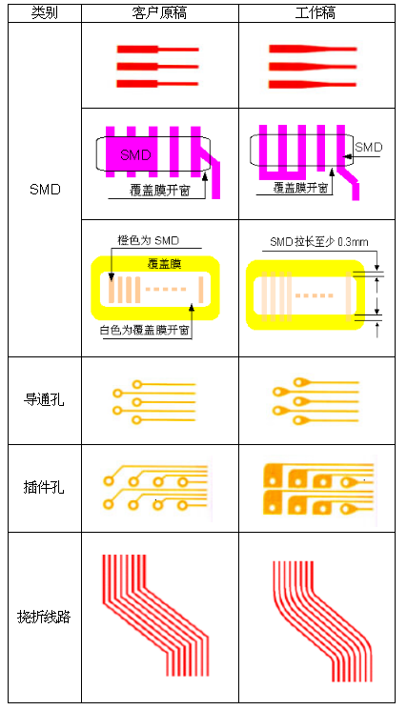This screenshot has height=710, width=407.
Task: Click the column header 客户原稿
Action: click(159, 12)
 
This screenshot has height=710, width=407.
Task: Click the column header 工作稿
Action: click(315, 12)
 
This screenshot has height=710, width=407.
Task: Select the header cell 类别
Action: click(45, 12)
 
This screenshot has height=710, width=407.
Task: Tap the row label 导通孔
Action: click(44, 400)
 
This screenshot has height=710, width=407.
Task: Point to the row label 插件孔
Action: click(44, 487)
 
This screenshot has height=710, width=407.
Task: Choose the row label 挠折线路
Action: click(44, 617)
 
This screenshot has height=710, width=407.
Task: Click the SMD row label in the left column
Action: click(45, 190)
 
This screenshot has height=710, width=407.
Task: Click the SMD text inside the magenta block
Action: click(135, 154)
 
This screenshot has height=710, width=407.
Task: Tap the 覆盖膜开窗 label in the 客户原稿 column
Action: click(160, 191)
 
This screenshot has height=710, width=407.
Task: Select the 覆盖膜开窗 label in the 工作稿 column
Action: click(300, 188)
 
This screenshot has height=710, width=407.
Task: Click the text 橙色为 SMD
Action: click(149, 240)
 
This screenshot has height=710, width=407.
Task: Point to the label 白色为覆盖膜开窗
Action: click(145, 330)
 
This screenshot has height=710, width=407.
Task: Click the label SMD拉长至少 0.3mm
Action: click(319, 242)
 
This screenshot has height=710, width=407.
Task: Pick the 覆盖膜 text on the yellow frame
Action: click(164, 264)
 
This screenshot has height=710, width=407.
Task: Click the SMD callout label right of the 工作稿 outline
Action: click(369, 147)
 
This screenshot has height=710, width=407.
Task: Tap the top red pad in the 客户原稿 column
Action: click(157, 49)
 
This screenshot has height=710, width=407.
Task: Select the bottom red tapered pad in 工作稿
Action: click(313, 84)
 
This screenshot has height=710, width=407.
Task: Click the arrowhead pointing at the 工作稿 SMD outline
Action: click(347, 156)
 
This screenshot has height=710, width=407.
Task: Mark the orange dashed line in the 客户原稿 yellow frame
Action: click(165, 289)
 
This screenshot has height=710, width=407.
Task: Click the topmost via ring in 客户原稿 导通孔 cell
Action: click(136, 384)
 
